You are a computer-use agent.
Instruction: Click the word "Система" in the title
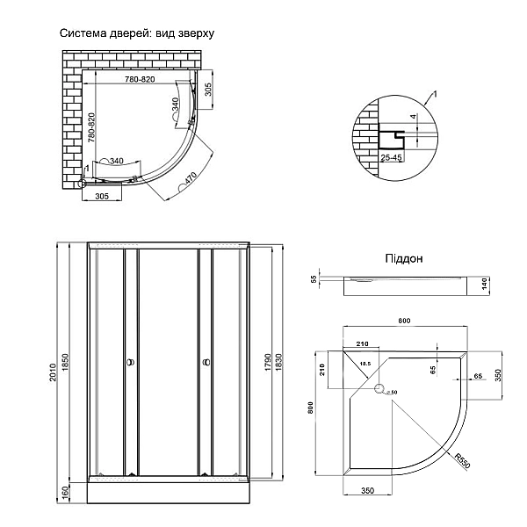tap(82, 34)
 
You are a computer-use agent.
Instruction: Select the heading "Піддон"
tap(404, 259)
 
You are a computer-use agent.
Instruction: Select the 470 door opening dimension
tap(191, 180)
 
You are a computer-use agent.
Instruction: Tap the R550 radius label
tap(463, 461)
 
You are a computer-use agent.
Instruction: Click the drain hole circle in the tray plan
tap(379, 389)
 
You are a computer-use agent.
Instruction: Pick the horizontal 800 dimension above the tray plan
tap(403, 321)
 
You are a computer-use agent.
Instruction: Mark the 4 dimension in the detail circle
tap(412, 117)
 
